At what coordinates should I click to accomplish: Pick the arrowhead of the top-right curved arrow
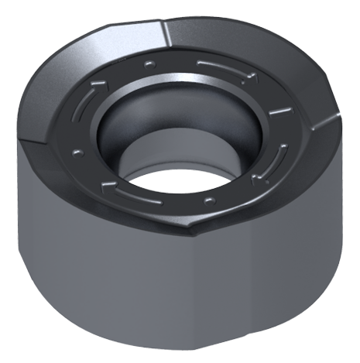tap(249, 75)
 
